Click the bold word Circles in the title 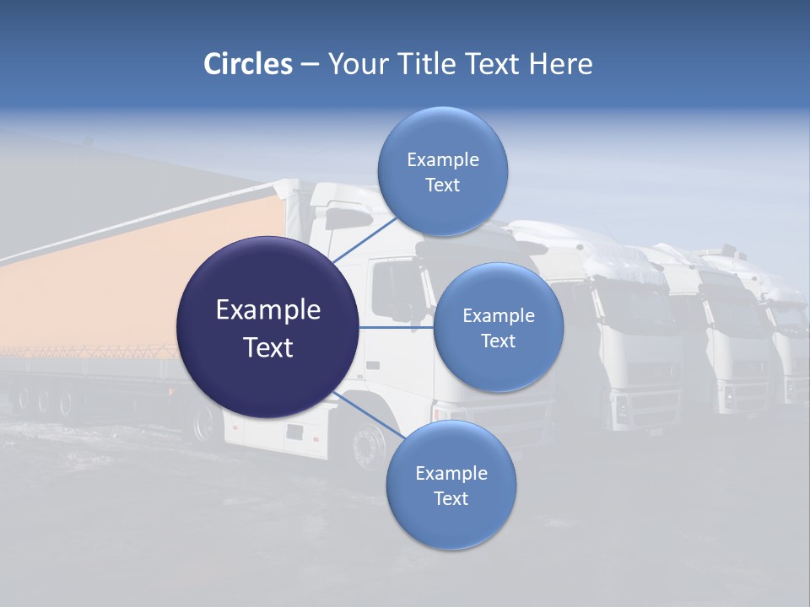[x=248, y=64]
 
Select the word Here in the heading [x=561, y=64]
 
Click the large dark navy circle [x=267, y=327]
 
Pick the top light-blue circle [x=442, y=171]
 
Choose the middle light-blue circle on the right [x=498, y=327]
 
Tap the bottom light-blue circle [x=451, y=485]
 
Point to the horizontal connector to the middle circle [x=396, y=327]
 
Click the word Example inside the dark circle [x=267, y=310]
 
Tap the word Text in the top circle [x=442, y=185]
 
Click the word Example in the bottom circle [x=451, y=473]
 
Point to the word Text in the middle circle [x=498, y=341]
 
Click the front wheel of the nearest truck [x=369, y=444]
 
